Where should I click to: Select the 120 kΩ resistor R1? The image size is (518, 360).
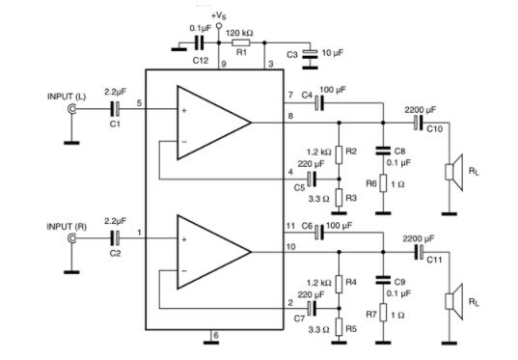click(241, 42)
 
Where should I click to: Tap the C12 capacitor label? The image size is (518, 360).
click(200, 61)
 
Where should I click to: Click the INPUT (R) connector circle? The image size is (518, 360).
click(71, 236)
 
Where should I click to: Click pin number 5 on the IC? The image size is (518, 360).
click(139, 102)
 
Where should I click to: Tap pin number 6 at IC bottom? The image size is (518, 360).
click(215, 335)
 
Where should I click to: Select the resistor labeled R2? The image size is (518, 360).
click(339, 153)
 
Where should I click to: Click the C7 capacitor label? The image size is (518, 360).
click(300, 317)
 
